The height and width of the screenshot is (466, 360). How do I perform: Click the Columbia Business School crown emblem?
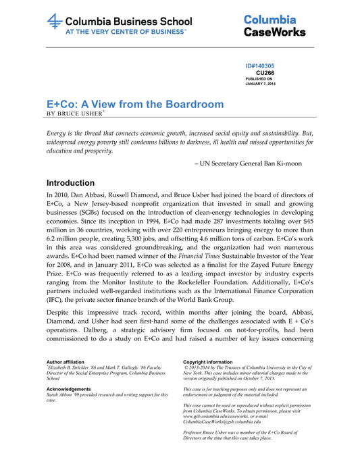[x=55, y=22]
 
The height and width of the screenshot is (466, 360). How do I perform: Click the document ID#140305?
[x=260, y=66]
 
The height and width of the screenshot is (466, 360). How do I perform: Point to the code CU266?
[x=265, y=72]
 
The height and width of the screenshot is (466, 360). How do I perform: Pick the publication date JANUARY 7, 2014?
[x=261, y=83]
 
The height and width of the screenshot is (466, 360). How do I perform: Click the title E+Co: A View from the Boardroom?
[x=135, y=105]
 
